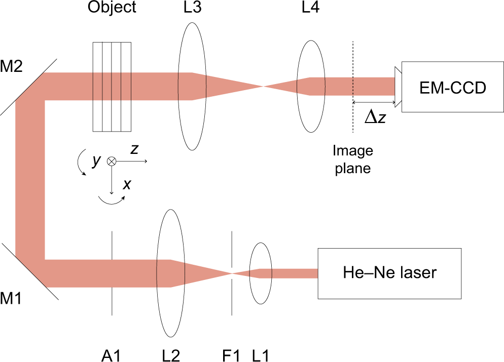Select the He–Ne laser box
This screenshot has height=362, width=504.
click(389, 273)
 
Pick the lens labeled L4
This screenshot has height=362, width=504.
click(310, 87)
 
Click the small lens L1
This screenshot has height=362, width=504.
click(262, 273)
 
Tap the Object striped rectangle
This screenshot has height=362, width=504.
click(112, 86)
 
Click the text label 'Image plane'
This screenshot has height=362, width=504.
click(352, 159)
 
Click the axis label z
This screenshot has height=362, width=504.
click(135, 149)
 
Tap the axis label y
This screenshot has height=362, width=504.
click(95, 161)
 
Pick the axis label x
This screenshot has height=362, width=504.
click(127, 184)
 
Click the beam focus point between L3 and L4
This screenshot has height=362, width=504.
click(263, 87)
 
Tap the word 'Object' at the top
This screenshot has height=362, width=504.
click(112, 8)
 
